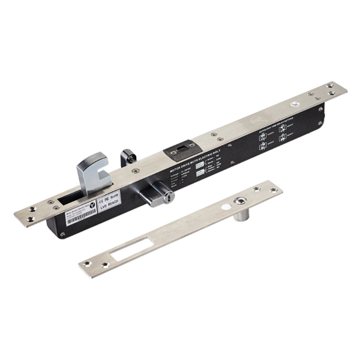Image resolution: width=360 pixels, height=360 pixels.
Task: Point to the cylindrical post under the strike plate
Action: (x=239, y=213)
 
